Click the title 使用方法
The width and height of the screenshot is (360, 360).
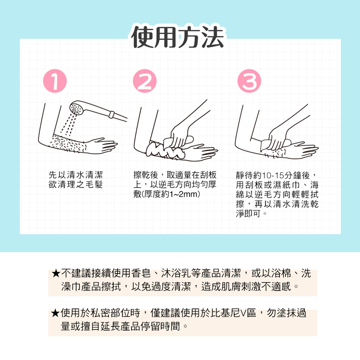178,37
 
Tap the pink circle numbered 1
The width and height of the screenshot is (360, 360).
55,81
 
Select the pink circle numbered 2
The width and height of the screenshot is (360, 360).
144,81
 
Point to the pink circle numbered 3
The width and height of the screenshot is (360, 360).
249,81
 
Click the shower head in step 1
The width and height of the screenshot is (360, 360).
78,108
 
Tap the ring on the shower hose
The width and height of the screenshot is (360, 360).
111,114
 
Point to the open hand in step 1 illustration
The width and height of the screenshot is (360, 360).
101,145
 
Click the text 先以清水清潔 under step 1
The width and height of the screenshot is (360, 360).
75,175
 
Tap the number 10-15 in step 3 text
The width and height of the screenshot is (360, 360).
273,176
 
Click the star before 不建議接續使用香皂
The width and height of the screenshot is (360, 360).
56,274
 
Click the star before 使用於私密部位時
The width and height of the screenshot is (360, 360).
56,313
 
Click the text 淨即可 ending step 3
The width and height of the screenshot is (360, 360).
248,214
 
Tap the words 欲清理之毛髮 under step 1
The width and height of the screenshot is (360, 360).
75,184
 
